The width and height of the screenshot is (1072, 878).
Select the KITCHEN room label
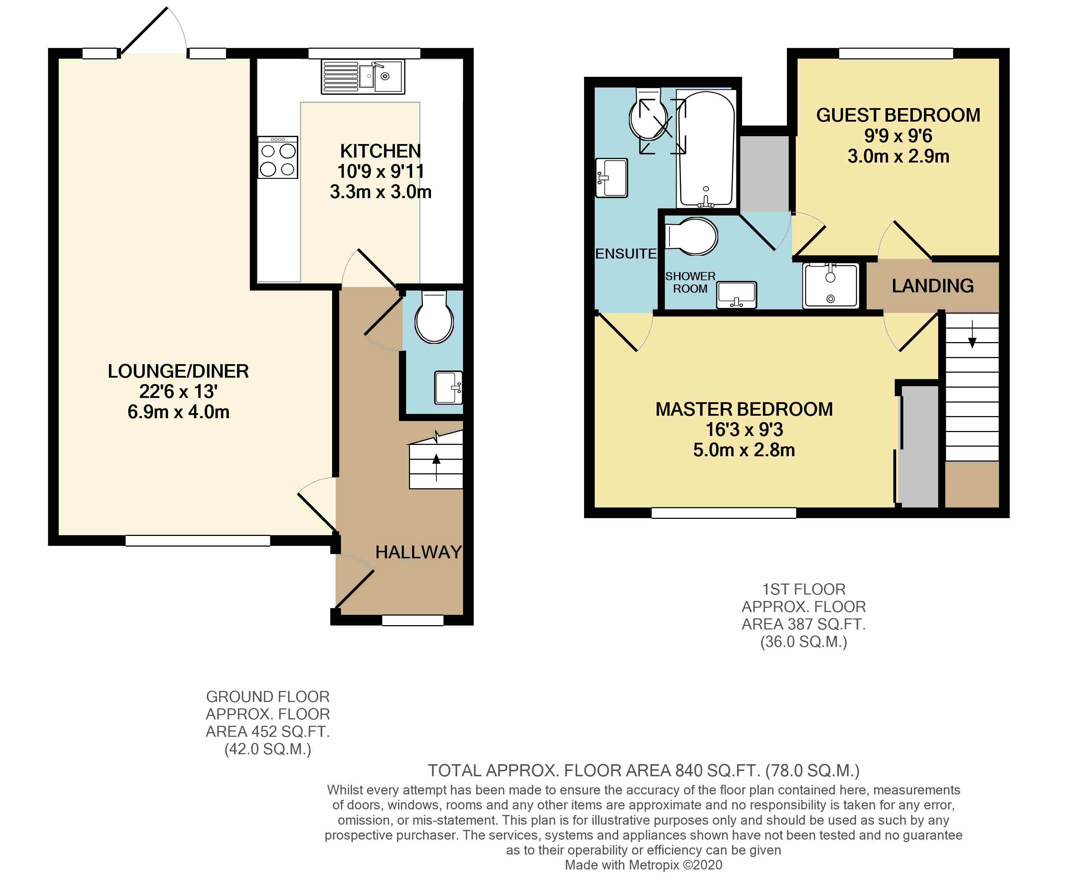(x=380, y=151)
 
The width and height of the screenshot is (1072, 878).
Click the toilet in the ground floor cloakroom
(x=434, y=319)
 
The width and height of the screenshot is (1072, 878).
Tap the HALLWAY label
(x=418, y=552)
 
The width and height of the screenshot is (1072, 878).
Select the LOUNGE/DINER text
(x=178, y=371)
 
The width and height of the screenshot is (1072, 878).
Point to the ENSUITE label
(x=626, y=254)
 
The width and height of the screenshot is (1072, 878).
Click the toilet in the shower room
(x=692, y=236)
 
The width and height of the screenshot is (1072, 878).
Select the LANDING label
(x=932, y=286)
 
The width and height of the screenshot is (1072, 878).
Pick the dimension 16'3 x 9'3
(x=744, y=429)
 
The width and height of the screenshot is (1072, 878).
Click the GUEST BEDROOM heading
(x=898, y=115)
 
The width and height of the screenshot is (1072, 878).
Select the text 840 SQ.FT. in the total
(x=717, y=771)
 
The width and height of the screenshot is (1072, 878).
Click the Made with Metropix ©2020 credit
(x=643, y=865)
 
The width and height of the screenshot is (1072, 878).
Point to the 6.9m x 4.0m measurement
(x=178, y=412)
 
